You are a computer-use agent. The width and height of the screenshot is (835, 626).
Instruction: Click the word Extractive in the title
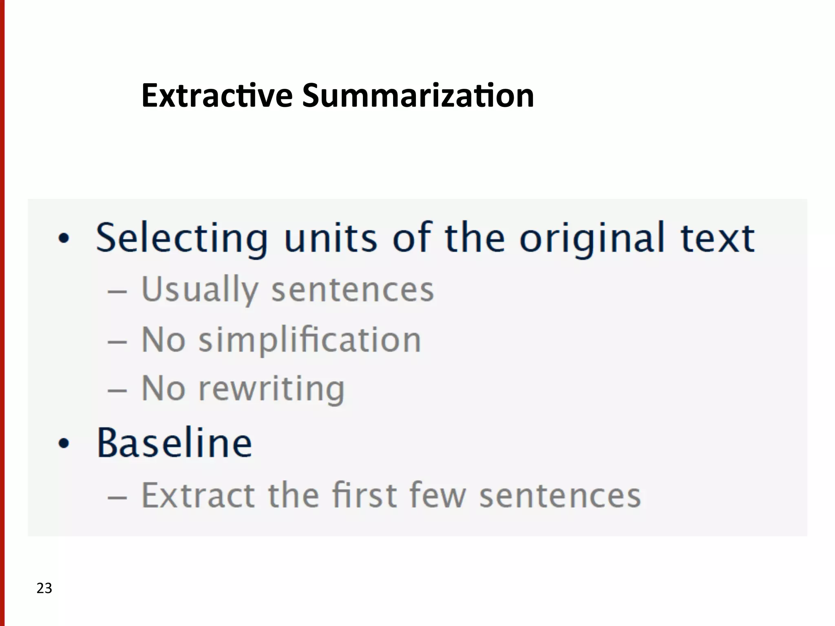(217, 96)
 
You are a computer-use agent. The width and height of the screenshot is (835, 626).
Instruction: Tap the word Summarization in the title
(418, 96)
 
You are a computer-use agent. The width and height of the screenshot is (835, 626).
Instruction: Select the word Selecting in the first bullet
(182, 238)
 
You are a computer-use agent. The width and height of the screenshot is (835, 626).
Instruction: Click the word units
(331, 238)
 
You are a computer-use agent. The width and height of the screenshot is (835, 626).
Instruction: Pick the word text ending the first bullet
(718, 238)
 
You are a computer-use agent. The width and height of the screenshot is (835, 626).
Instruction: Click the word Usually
(200, 290)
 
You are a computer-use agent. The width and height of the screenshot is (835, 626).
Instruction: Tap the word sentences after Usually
(353, 290)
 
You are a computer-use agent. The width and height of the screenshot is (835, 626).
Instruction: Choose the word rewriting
(272, 389)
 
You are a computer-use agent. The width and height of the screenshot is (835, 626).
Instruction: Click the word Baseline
(175, 443)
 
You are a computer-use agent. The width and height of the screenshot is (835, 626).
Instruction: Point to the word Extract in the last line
(198, 496)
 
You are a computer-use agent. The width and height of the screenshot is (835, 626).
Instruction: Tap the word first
(364, 495)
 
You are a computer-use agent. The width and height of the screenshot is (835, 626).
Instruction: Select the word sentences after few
(560, 496)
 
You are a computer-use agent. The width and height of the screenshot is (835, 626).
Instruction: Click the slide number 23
(44, 588)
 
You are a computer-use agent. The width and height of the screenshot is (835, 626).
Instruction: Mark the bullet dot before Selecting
(64, 238)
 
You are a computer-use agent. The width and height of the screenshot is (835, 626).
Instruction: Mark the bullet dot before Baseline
(64, 443)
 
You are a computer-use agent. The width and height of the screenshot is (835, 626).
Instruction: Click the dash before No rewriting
(117, 390)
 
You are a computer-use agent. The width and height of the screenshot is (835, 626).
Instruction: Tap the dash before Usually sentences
(117, 291)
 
